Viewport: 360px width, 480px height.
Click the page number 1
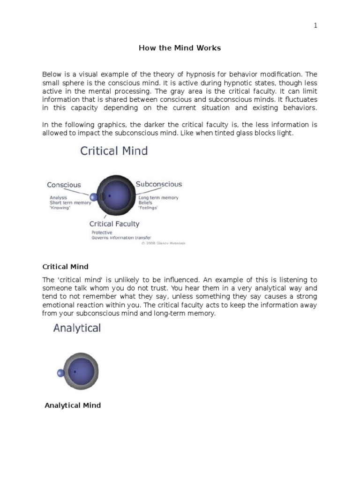[x=315, y=26]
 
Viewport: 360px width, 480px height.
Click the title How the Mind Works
[x=180, y=48]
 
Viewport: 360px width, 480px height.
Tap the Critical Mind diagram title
[x=114, y=151]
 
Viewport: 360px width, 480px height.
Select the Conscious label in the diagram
[x=64, y=185]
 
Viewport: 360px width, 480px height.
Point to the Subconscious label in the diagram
[x=159, y=184]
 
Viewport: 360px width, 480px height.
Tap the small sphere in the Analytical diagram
[x=60, y=373]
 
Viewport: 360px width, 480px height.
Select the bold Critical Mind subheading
[x=65, y=267]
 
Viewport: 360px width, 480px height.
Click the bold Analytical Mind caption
[x=73, y=405]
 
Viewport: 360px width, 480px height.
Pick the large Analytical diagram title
[x=77, y=328]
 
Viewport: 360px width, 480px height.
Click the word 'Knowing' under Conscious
[x=60, y=208]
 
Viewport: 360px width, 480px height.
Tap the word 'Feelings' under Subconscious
[x=148, y=208]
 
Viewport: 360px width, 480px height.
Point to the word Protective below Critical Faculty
[x=102, y=232]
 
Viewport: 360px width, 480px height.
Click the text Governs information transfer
[x=121, y=238]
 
